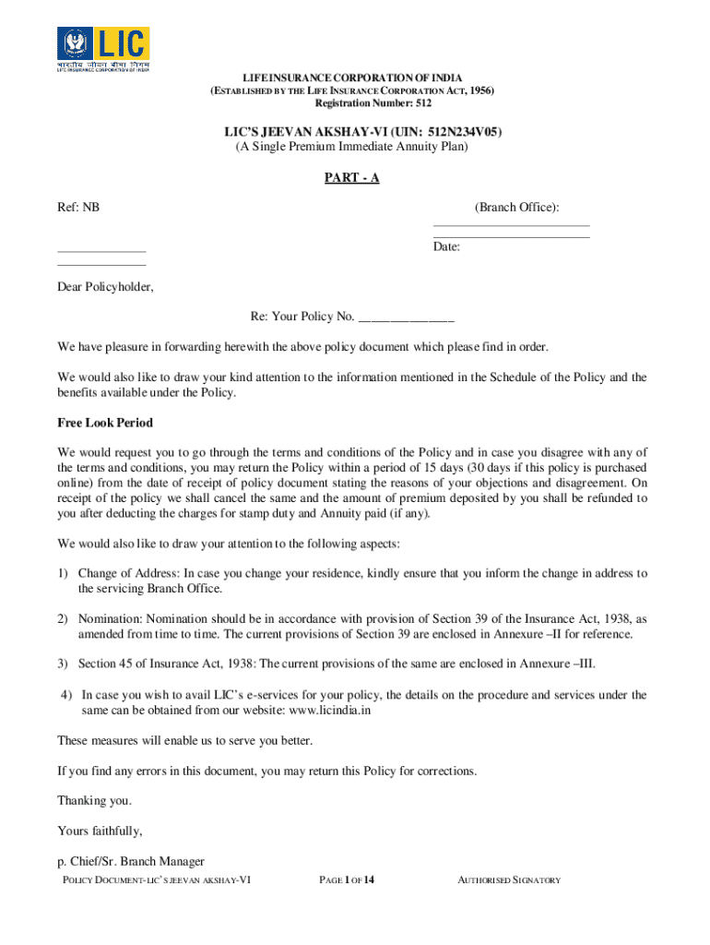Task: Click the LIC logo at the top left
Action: coord(103,49)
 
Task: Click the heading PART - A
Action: coord(351,178)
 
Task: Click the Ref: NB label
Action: coord(78,208)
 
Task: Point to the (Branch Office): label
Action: coord(517,208)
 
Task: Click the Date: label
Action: coord(447,247)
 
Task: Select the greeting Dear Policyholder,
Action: coord(105,287)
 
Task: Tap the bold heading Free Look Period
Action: coord(105,423)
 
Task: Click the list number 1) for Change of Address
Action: coord(63,573)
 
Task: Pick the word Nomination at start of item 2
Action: coord(111,618)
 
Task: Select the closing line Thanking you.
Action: coord(94,800)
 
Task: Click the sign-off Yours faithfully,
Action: coord(100,830)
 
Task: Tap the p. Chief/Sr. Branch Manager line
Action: coord(130,862)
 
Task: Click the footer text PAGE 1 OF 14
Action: coord(347,880)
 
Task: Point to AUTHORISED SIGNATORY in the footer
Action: coord(509,880)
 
